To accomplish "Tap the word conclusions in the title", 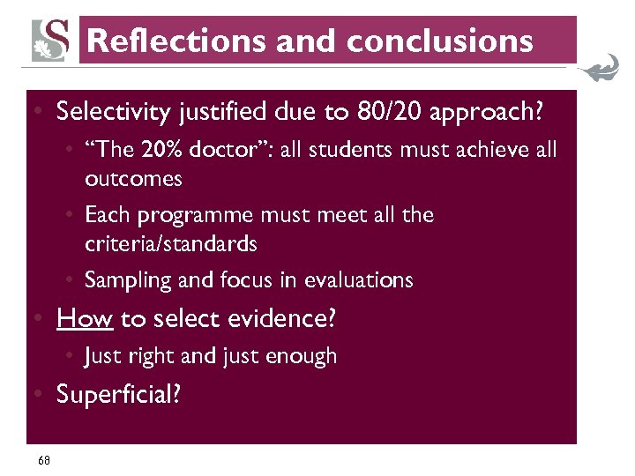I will tap(440, 41).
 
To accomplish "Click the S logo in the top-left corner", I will tap(51, 40).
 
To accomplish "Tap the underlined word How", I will tap(85, 318).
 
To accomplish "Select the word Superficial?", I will tap(118, 394).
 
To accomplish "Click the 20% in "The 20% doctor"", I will tap(168, 151).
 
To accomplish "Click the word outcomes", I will tap(133, 179).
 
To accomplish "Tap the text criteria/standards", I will tap(171, 243).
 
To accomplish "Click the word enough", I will tap(301, 356).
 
